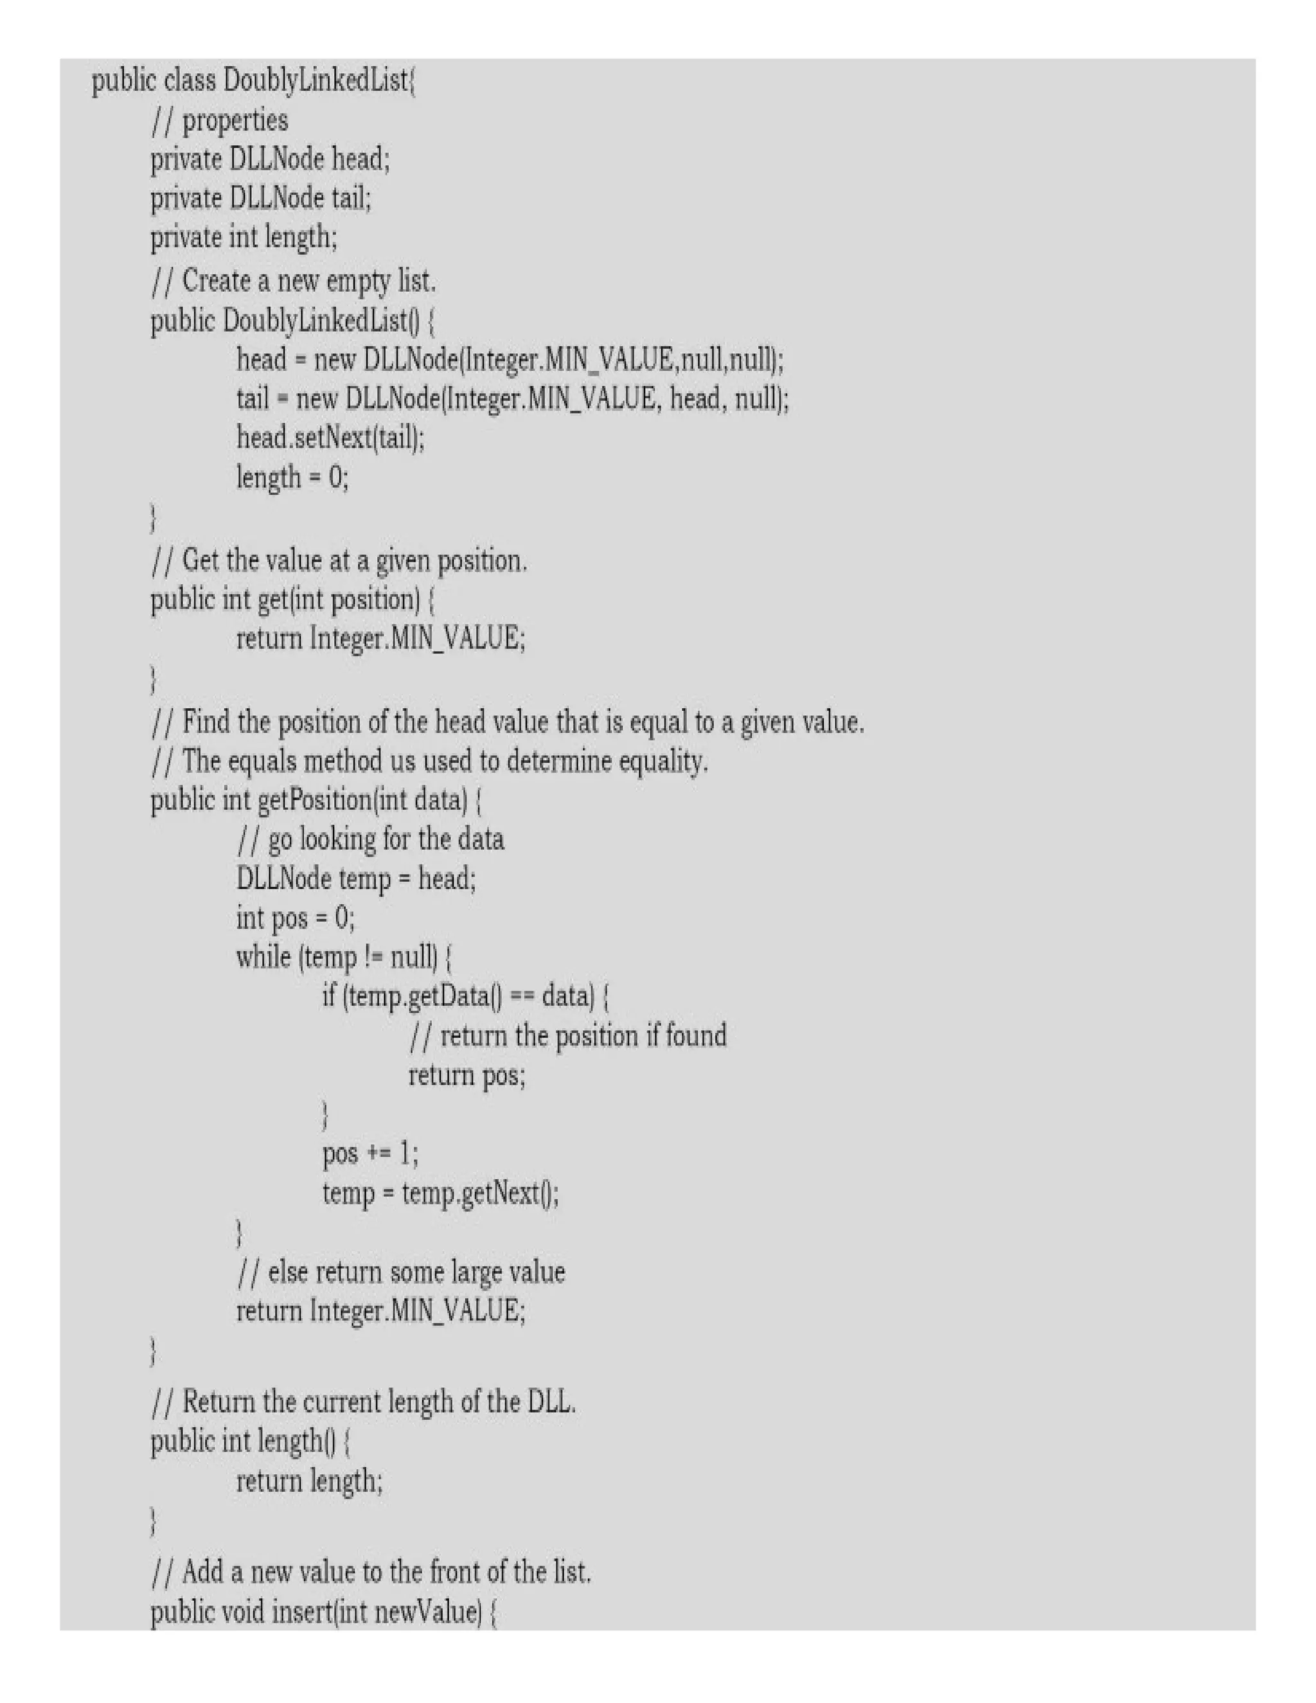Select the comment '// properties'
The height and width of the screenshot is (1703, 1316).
click(220, 121)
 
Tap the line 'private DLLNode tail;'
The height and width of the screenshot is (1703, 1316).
click(260, 198)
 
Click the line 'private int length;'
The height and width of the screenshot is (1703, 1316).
click(244, 237)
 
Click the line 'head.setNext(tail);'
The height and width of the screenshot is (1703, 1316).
click(330, 438)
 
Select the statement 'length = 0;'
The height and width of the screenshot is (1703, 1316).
click(292, 476)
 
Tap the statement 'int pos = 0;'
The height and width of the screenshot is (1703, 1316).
click(296, 918)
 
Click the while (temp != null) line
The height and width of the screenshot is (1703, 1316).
click(344, 958)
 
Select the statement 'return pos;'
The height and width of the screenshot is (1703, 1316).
click(467, 1076)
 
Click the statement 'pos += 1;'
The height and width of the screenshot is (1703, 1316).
click(370, 1154)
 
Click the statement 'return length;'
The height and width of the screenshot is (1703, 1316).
click(310, 1481)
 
